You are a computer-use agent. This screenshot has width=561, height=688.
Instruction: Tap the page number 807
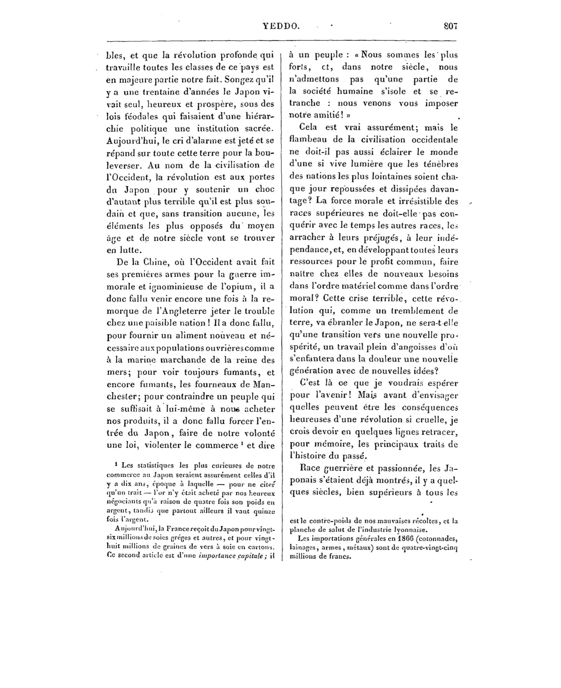450,26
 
